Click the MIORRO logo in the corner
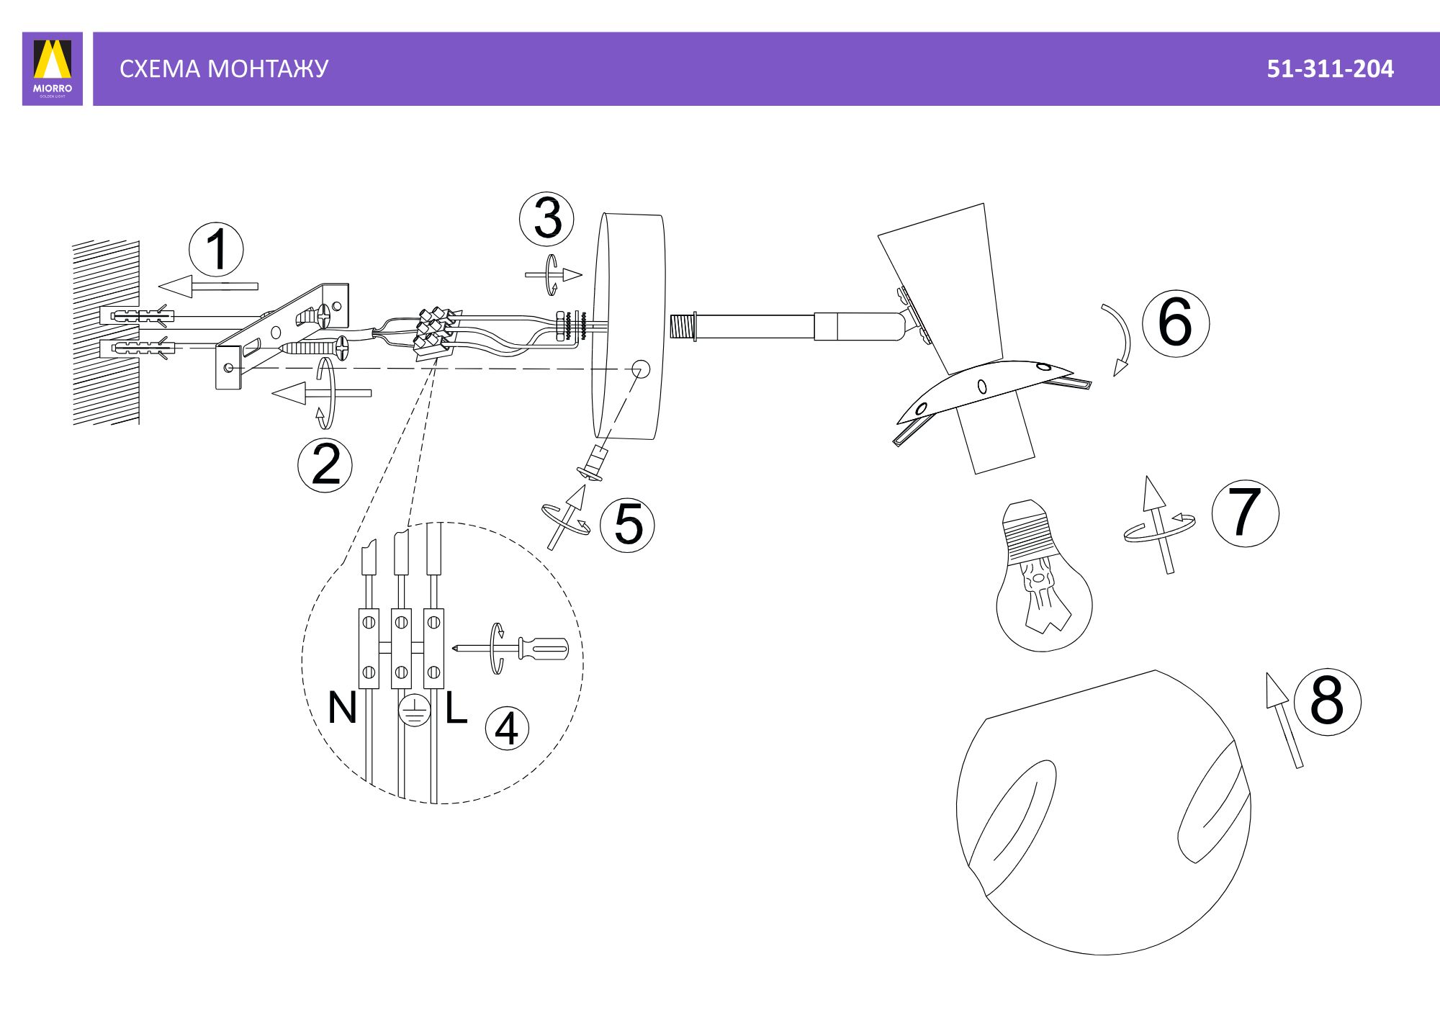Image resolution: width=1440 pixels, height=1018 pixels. tap(53, 68)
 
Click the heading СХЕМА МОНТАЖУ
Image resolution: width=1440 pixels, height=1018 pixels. tap(224, 69)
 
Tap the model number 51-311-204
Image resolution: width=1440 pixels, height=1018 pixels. tap(1330, 69)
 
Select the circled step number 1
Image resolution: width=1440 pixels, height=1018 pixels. tap(216, 250)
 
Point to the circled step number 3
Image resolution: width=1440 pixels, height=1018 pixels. tap(547, 219)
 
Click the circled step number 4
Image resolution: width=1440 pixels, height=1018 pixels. tap(507, 729)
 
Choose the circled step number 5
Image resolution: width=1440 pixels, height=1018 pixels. tap(628, 524)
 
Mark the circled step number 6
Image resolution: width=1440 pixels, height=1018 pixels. tap(1175, 323)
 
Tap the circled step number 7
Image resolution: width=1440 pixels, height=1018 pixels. tap(1245, 513)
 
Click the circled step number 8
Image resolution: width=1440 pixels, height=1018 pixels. tap(1327, 701)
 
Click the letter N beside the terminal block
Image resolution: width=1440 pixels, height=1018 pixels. tap(342, 708)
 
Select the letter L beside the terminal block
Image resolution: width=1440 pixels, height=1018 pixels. tap(456, 708)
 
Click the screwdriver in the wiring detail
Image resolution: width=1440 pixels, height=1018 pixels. tap(510, 648)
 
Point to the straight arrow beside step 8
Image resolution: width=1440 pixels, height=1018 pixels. tap(1284, 720)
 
